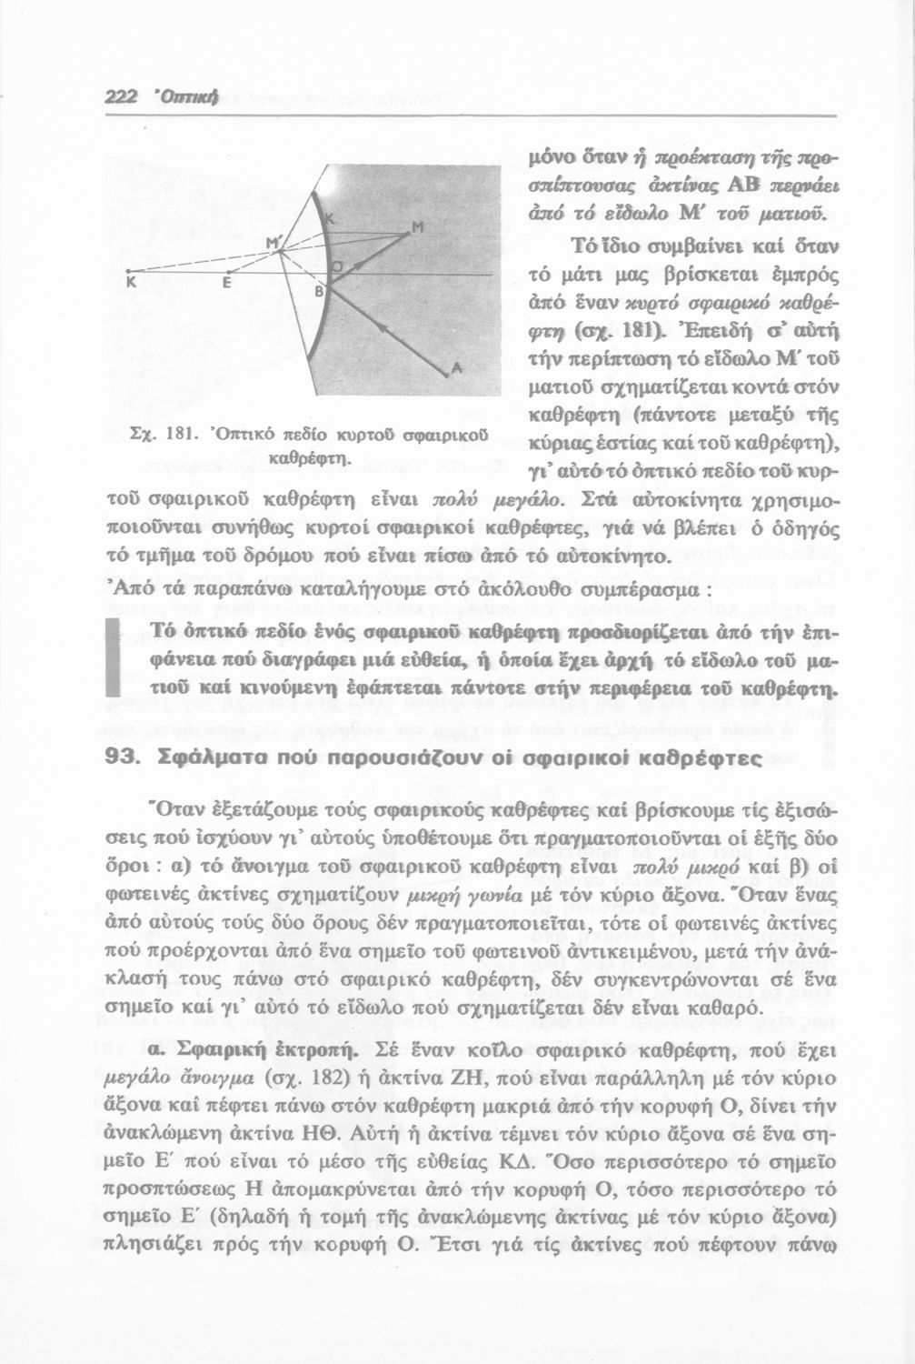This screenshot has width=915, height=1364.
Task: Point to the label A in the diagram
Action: [456, 367]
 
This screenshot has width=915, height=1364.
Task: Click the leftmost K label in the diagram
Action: [132, 283]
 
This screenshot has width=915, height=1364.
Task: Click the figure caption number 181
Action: [178, 436]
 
